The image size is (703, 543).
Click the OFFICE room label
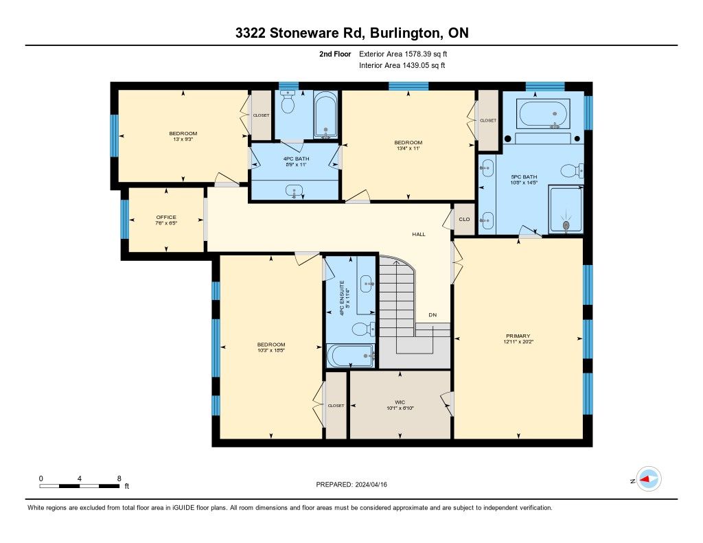[166, 217]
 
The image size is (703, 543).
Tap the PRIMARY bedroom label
[518, 336]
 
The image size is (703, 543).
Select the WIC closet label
[400, 402]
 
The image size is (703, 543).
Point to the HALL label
[419, 234]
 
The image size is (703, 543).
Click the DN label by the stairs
[433, 315]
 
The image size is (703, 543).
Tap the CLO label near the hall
[465, 219]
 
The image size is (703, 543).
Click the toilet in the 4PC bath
[288, 103]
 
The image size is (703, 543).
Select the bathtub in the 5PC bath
[544, 114]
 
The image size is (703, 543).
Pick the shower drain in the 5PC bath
[566, 224]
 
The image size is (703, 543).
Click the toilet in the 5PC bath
[572, 170]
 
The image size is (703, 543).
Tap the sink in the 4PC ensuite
[367, 284]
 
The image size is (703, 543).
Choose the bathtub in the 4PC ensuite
[350, 356]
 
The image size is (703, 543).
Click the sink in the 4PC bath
[294, 191]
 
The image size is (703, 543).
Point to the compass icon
[648, 479]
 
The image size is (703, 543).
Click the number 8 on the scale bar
[119, 478]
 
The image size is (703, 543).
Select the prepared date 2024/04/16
[371, 484]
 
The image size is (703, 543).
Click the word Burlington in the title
[405, 33]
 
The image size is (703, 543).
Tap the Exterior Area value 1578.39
[418, 54]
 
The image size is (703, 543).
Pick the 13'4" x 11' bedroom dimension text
[408, 148]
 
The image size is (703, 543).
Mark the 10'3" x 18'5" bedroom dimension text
[271, 350]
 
